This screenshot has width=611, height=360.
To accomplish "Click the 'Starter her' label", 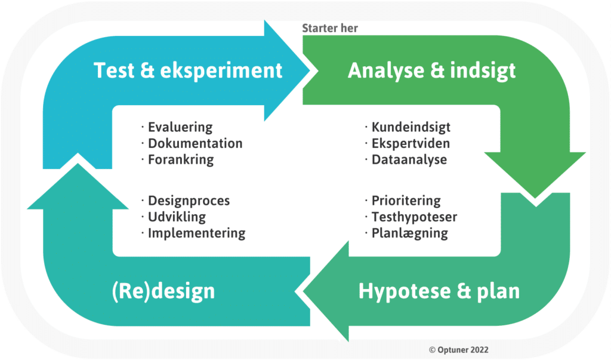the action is (329, 28).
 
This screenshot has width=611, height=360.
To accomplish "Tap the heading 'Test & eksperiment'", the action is (188, 70).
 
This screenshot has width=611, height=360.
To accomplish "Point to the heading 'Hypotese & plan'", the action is (439, 291).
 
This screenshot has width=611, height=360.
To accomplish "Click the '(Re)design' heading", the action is (163, 291).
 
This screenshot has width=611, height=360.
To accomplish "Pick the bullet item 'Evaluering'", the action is (180, 127).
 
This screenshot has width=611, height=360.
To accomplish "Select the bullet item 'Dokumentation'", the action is (195, 143).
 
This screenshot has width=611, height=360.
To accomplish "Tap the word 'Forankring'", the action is (181, 159).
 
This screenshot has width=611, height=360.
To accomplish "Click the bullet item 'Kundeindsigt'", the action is (411, 127).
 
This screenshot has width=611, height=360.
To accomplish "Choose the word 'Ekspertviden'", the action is (411, 143).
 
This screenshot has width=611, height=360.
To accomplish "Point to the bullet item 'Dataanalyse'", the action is (409, 159).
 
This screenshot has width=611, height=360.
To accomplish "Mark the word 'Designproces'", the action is (189, 201).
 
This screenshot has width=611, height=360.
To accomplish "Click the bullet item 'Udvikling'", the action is (177, 217).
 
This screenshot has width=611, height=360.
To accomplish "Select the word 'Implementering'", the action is (196, 233).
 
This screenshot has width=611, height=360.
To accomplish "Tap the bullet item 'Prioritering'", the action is (406, 201).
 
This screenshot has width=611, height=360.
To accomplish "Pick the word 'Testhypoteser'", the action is (414, 217).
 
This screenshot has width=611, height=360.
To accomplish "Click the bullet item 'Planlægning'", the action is (409, 233).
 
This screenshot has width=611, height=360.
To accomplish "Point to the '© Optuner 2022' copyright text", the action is (459, 350).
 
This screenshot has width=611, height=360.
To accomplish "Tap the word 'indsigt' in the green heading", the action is (483, 72).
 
